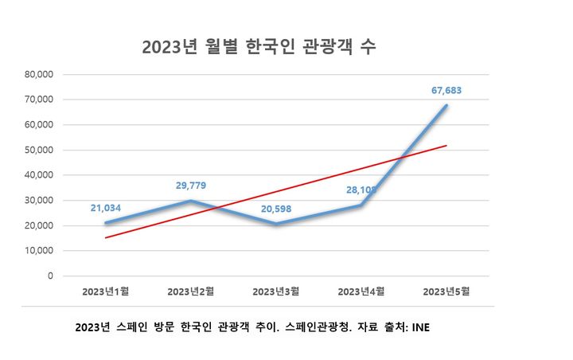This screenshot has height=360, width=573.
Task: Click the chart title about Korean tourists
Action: click(x=259, y=47)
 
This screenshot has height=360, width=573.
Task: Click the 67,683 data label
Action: click(x=445, y=90)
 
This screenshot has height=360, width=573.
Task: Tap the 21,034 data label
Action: click(x=106, y=208)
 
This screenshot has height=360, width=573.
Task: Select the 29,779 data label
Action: click(x=192, y=186)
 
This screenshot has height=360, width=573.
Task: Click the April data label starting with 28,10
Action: click(x=361, y=190)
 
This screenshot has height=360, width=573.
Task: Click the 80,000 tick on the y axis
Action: click(x=38, y=74)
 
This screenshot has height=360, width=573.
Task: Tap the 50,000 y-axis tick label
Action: click(x=38, y=150)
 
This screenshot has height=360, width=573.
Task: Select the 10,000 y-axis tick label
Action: click(x=38, y=251)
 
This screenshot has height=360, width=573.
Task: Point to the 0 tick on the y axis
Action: click(x=49, y=276)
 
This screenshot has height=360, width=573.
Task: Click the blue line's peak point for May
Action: click(x=446, y=105)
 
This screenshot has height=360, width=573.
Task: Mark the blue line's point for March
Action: click(x=276, y=224)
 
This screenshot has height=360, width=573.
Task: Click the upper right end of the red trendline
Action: click(x=446, y=146)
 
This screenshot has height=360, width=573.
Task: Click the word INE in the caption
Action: click(x=419, y=327)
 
